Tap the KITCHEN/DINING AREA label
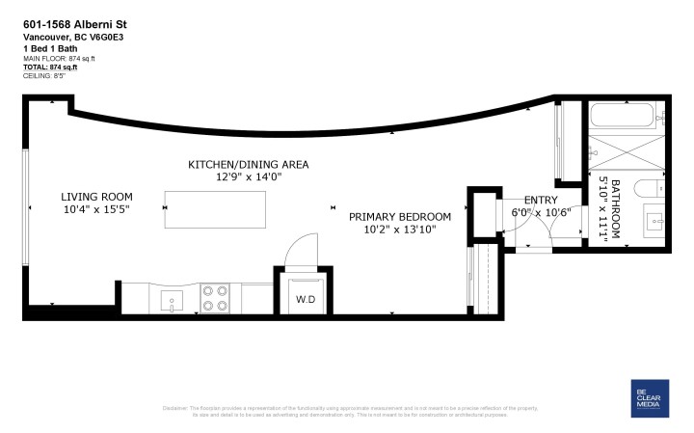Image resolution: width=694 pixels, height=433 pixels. tap(248, 165)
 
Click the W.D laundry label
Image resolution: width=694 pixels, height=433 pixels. tap(306, 299)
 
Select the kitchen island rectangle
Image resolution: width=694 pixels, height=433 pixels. tap(214, 208)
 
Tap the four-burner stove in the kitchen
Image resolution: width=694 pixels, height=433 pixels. tap(214, 299)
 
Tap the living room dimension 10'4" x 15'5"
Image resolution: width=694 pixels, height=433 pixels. tap(95, 208)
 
